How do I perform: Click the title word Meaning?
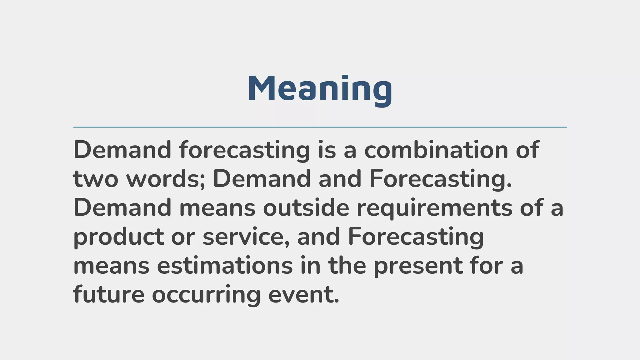(x=320, y=89)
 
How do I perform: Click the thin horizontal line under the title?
(x=320, y=127)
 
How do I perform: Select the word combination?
(x=436, y=150)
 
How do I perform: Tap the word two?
(x=95, y=179)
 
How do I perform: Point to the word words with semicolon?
(x=166, y=179)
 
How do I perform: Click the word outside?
(x=306, y=208)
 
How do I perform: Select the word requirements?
(x=434, y=208)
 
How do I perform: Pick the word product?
(x=118, y=237)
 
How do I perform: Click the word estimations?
(x=225, y=266)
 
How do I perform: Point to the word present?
(x=418, y=266)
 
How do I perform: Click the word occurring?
(x=206, y=295)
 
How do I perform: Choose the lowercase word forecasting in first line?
(x=245, y=150)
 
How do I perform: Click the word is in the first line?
(x=327, y=150)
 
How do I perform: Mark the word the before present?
(x=347, y=266)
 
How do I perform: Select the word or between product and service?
(x=183, y=237)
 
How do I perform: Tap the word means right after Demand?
(x=217, y=208)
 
